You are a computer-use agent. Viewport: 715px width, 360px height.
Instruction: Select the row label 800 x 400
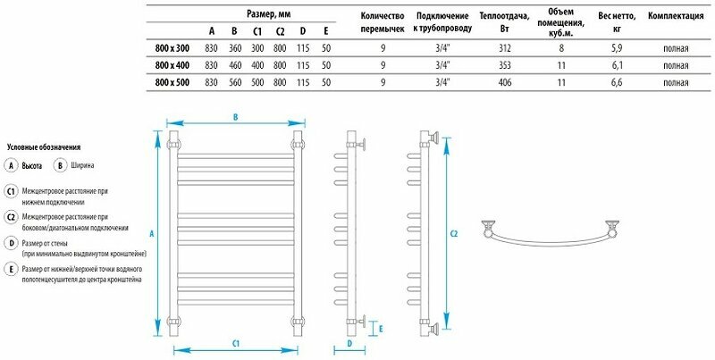click(172, 65)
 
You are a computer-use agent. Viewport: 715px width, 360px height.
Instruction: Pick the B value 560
click(235, 82)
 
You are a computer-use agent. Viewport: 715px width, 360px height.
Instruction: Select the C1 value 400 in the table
click(258, 65)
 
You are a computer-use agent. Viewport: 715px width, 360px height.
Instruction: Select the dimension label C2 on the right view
click(454, 234)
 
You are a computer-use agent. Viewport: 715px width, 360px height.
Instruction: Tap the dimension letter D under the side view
click(349, 342)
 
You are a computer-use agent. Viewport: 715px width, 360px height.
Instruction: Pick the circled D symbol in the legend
click(11, 243)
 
